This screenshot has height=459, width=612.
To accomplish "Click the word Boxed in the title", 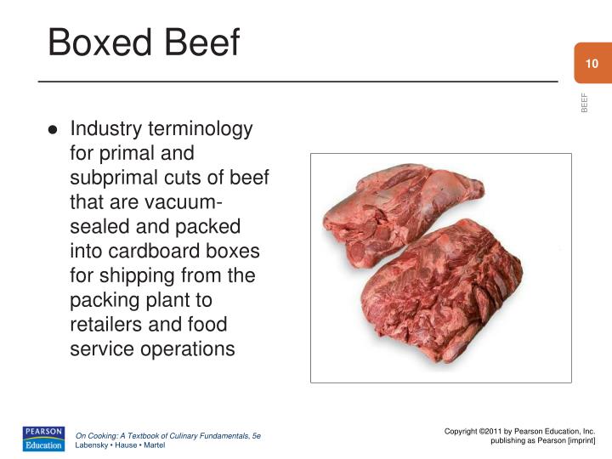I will coord(95,42).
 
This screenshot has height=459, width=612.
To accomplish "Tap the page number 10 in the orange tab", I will coord(592,64).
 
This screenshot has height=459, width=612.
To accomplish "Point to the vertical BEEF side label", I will coord(584,101).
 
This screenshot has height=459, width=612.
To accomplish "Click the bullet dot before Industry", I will coord(53,130).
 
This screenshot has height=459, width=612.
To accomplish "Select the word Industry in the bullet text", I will coord(105,129).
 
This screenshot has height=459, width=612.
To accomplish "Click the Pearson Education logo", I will coord(43,438).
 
